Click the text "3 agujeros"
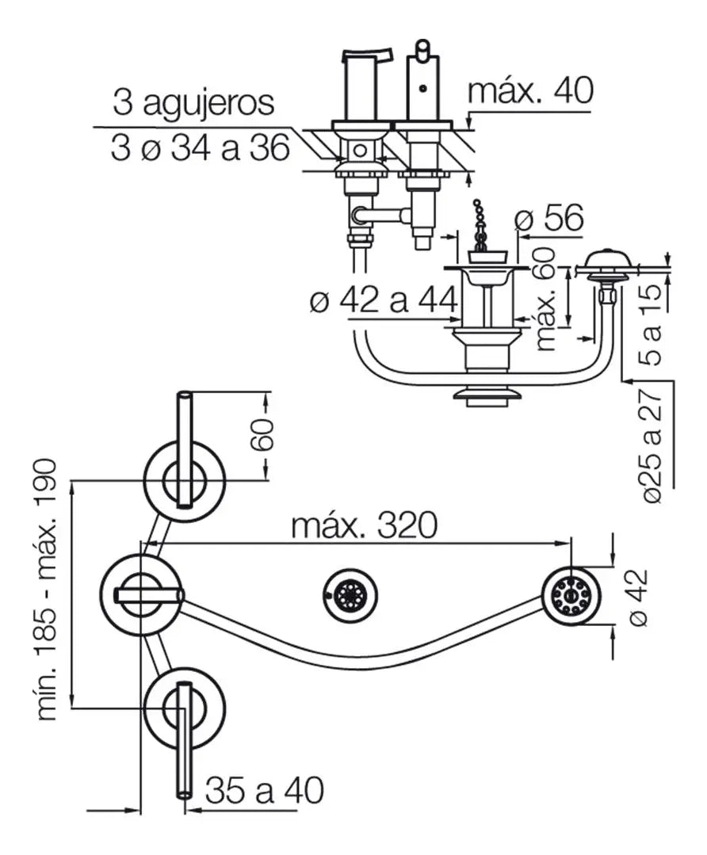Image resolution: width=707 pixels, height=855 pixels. pyautogui.click(x=193, y=102)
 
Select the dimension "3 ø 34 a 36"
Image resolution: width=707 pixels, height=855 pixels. pyautogui.click(x=200, y=147)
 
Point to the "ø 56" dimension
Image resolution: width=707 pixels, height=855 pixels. pyautogui.click(x=548, y=218)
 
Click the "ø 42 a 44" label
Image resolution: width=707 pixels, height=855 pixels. pyautogui.click(x=383, y=300)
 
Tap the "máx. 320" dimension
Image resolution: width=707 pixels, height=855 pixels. pyautogui.click(x=365, y=525)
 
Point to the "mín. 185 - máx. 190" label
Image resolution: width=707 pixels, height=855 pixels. pyautogui.click(x=47, y=590)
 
